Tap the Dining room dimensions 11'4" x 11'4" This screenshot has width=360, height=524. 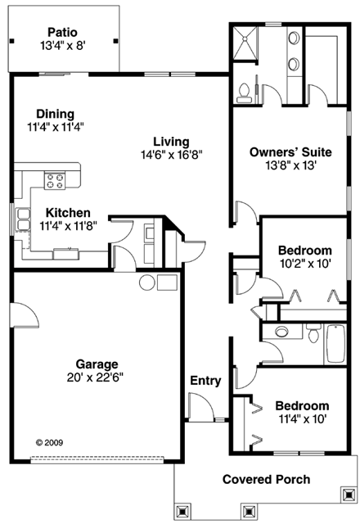tap(56, 127)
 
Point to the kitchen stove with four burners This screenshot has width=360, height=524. tap(56, 180)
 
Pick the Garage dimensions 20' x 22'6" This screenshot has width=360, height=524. tap(97, 377)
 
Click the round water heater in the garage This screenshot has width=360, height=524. tap(147, 283)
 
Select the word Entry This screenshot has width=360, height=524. tap(205, 381)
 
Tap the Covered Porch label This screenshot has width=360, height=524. tap(266, 479)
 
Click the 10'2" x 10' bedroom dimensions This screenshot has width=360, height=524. tap(304, 264)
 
